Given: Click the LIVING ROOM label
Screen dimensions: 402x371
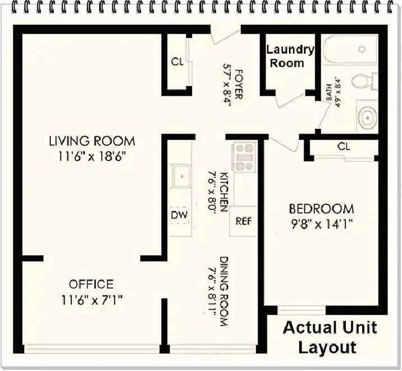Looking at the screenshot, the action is [92, 141].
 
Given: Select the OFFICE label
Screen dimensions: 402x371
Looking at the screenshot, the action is [92, 284].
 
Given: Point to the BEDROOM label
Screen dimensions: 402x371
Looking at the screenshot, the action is [321, 209].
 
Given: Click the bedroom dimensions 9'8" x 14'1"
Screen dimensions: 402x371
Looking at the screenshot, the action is [321, 225].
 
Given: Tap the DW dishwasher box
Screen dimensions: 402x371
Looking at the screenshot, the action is [180, 215].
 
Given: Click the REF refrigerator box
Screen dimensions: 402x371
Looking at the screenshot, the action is [243, 221].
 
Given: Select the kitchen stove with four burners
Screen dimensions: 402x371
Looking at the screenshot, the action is [244, 157].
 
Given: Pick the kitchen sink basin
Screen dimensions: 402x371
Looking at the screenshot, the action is [182, 177].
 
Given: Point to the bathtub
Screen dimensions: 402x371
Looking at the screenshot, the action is [349, 50].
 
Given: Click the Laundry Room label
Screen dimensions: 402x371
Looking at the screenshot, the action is [290, 56].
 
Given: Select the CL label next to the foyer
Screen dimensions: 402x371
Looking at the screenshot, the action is [177, 62].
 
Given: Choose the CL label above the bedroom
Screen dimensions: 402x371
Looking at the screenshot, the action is [344, 146].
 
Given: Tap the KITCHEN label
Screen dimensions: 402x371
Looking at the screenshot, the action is [224, 191].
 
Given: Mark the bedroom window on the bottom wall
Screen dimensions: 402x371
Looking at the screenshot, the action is [301, 310].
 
